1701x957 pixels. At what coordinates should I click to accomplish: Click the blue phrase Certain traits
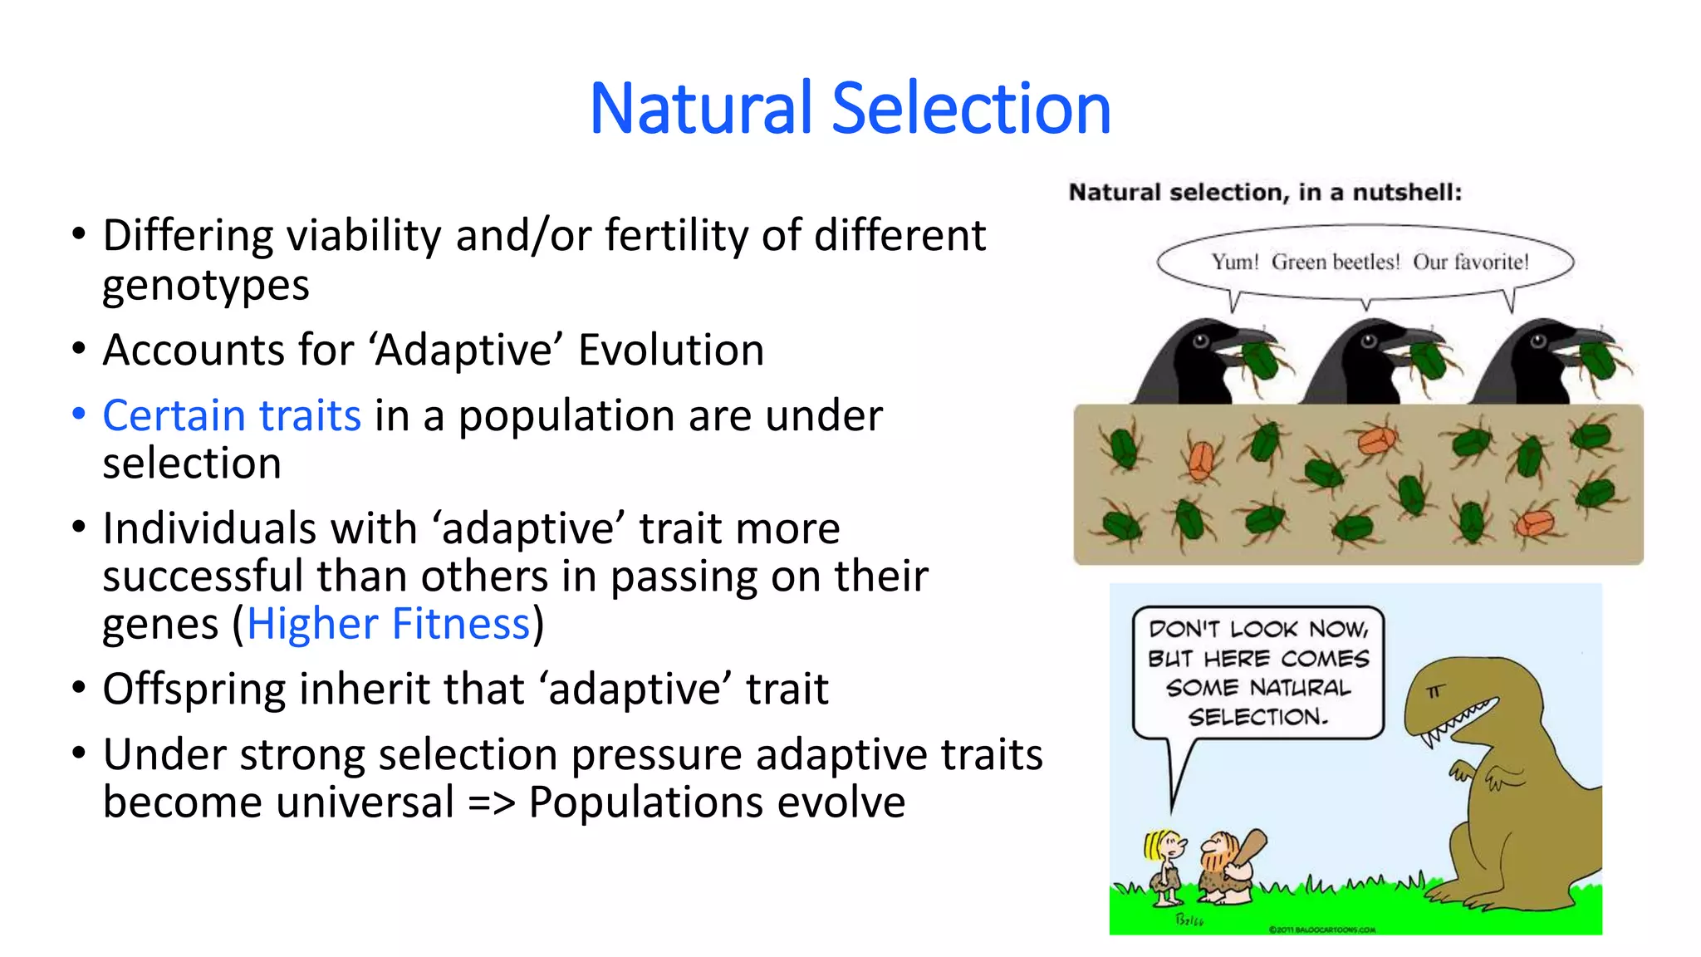coord(232,415)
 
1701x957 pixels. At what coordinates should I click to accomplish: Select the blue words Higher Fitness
coord(388,624)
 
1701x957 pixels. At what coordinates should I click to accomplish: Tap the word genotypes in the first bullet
coord(205,286)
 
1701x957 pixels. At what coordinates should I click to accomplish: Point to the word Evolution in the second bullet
coord(670,350)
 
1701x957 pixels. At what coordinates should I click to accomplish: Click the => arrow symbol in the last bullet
coord(491,803)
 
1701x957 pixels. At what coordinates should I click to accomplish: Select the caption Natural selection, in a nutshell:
coord(1264,193)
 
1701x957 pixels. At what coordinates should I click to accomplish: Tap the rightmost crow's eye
coord(1538,340)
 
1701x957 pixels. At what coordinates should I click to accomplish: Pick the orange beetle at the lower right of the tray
coord(1534,523)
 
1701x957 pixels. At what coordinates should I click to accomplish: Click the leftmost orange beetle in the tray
coord(1200,459)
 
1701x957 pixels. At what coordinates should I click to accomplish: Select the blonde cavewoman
coord(1165,868)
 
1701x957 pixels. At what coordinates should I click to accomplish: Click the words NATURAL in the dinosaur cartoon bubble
coord(1300,688)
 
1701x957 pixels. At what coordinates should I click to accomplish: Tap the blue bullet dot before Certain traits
coord(79,414)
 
